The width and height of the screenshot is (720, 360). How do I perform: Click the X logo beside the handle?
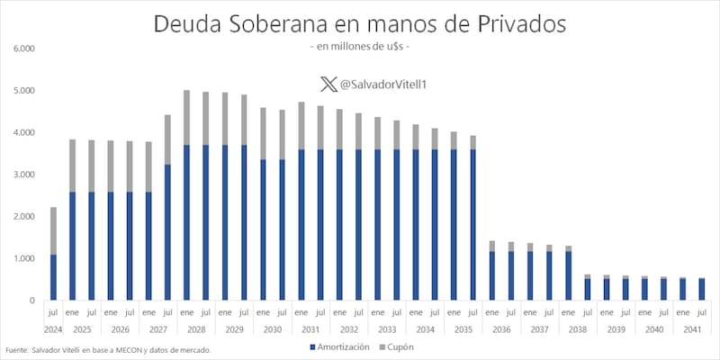pyautogui.click(x=328, y=85)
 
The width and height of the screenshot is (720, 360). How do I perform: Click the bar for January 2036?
pyautogui.click(x=491, y=270)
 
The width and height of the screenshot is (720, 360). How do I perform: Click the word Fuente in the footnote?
pyautogui.click(x=16, y=350)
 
